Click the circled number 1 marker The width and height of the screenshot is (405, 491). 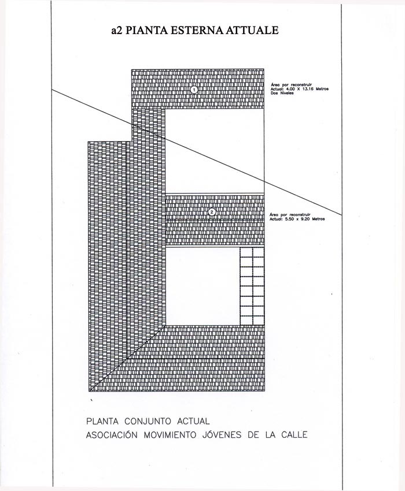click(x=194, y=90)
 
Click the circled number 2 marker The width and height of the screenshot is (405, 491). click(x=212, y=212)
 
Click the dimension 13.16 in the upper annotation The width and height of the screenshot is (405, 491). click(x=308, y=89)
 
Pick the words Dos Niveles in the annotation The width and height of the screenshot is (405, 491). click(x=282, y=93)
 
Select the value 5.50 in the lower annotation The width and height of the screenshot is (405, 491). click(x=290, y=219)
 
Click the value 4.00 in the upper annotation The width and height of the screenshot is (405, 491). click(x=292, y=89)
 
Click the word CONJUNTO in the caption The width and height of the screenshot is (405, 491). click(x=148, y=421)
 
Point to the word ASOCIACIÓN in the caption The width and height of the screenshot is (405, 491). click(x=112, y=435)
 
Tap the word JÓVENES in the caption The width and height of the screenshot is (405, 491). click(x=222, y=435)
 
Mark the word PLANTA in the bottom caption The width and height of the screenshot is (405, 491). click(x=102, y=421)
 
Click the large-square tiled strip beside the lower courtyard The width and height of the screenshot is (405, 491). click(x=252, y=286)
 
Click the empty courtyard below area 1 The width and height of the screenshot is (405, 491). click(x=215, y=151)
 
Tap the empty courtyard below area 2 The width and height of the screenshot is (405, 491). click(x=203, y=286)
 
